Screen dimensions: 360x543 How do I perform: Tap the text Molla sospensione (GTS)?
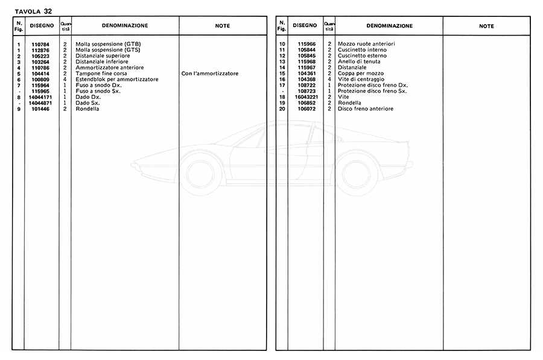pos(107,50)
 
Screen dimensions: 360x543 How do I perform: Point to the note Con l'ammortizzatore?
pos(209,74)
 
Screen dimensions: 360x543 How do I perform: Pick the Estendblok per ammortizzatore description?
pos(116,80)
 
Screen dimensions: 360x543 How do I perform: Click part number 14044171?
pos(41,97)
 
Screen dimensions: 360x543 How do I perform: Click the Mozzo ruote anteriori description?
pos(366,45)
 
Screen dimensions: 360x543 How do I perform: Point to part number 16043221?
pos(306,97)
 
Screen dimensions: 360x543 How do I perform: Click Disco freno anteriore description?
pos(365,109)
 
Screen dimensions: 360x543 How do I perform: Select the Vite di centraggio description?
pos(361,80)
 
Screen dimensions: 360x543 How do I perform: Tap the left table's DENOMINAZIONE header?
pos(125,26)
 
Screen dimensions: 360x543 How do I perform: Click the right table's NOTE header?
pos(486,26)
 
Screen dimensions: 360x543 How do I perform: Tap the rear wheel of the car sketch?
pos(357,174)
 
